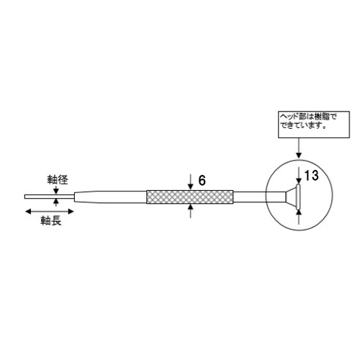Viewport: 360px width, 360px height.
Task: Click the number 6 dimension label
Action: pyautogui.click(x=202, y=181)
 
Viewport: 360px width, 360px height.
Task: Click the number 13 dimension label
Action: pyautogui.click(x=310, y=176)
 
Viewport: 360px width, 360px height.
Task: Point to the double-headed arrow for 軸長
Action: pyautogui.click(x=49, y=211)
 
